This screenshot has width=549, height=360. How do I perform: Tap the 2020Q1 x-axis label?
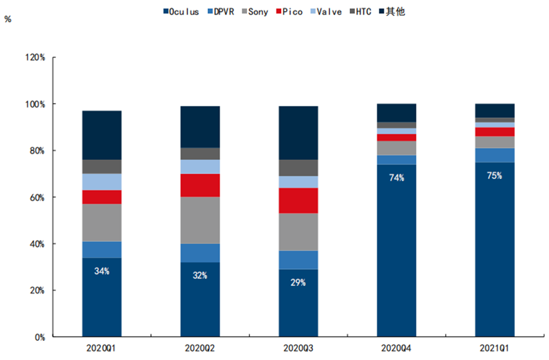[102, 348]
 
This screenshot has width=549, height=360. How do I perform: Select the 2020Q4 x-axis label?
[396, 348]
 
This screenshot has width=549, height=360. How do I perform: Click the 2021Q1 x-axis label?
[494, 348]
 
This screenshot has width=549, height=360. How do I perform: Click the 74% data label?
[397, 178]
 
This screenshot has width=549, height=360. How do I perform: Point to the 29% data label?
[298, 283]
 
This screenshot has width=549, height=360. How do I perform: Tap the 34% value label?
[102, 271]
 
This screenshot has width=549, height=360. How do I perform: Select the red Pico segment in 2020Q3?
[298, 200]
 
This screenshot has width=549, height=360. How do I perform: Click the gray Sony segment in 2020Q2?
[200, 220]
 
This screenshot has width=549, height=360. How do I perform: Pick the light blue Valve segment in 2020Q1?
[102, 182]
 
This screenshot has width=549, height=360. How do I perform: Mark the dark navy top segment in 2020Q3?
[298, 133]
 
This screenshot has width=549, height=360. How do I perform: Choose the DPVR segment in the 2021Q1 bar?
[494, 155]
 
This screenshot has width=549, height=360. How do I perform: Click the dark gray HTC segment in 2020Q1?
[102, 167]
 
